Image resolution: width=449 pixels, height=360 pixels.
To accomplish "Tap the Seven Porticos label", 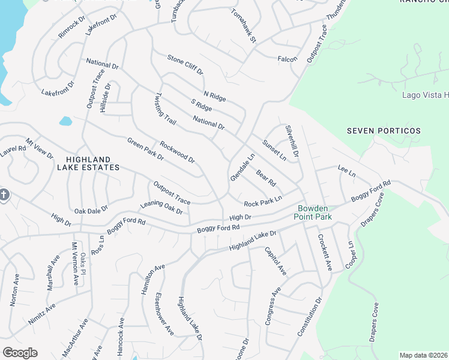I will coord(384,130).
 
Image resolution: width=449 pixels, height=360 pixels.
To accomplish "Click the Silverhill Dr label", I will coord(292,141).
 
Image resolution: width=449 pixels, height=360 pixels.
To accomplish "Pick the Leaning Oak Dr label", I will coord(161,207).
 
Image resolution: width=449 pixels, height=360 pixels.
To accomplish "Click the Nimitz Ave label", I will coord(42,314).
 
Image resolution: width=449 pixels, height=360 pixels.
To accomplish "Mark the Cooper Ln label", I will coord(349,255).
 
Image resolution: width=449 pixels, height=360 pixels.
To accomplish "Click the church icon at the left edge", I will coord(3,196).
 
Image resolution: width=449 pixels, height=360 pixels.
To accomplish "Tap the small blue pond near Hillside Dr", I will coord(65,121).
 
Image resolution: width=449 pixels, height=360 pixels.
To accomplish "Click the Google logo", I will coord(20,353).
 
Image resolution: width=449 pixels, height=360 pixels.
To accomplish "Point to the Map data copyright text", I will coord(424,355).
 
